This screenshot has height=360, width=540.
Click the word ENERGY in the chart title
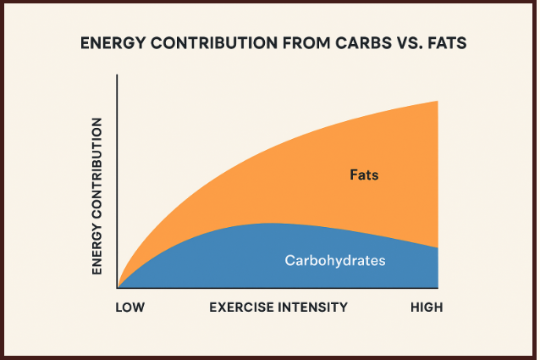click(108, 42)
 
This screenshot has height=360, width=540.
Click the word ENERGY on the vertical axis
click(96, 252)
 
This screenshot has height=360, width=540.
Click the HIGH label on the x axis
click(427, 307)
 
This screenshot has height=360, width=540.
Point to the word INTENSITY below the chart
click(313, 307)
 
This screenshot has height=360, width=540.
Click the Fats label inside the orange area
click(364, 176)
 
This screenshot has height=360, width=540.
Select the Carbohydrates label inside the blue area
click(334, 261)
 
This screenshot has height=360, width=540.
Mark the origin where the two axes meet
click(118, 288)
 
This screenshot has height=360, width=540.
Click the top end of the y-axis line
click(118, 76)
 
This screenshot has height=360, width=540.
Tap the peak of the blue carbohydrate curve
click(269, 223)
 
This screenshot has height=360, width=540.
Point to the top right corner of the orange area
click(437, 101)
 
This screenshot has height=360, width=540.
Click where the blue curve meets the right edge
click(437, 248)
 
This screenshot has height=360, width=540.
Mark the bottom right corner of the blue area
click(437, 287)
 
